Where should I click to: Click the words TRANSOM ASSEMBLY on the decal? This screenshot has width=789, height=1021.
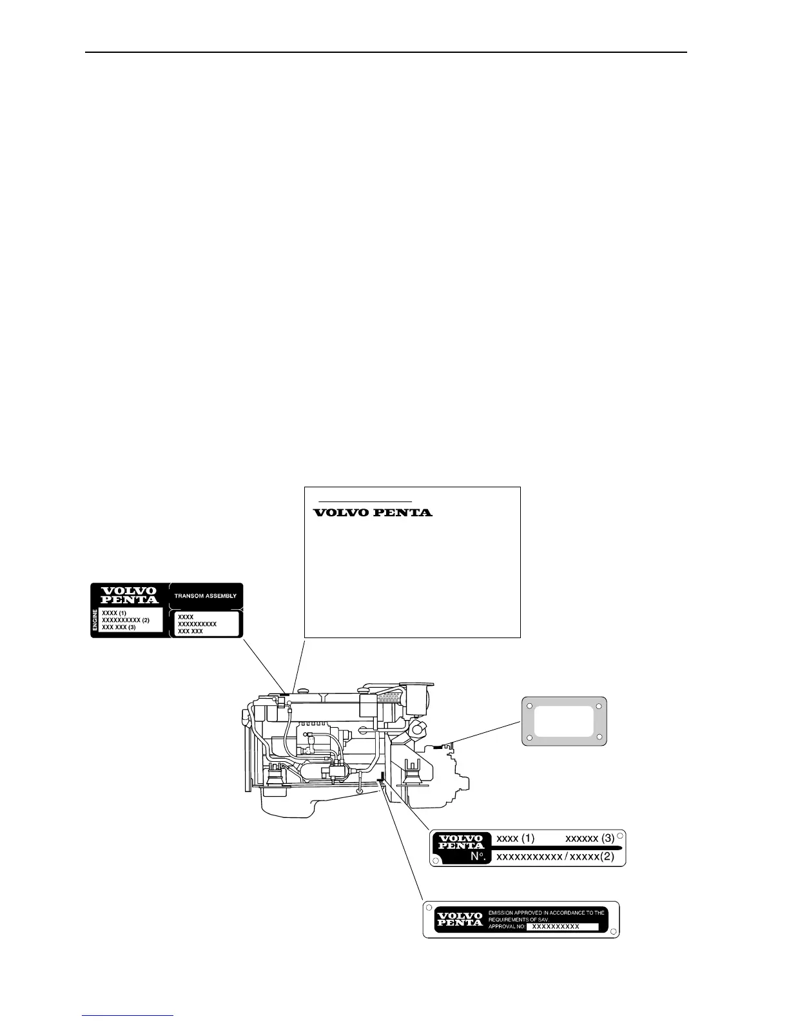coord(205,596)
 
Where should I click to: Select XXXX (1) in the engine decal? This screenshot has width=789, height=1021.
coord(114,612)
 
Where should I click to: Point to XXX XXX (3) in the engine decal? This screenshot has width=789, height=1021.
coord(119,627)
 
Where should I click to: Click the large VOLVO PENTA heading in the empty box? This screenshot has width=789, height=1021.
coord(372,513)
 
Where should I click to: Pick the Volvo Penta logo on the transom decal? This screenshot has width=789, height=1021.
coord(130,595)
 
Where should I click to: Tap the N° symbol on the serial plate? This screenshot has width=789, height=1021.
coord(478,857)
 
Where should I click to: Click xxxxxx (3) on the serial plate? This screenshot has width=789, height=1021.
coord(590,839)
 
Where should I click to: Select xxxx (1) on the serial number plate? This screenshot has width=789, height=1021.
coord(515,839)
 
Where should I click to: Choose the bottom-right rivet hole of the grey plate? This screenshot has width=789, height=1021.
coord(599,737)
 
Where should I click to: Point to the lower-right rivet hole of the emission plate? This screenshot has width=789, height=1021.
coord(613,932)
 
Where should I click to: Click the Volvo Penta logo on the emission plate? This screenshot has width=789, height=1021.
coord(460,919)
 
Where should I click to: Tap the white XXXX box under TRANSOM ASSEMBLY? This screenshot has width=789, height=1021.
coord(206,624)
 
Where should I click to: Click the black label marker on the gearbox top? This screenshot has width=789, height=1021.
coord(439,747)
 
